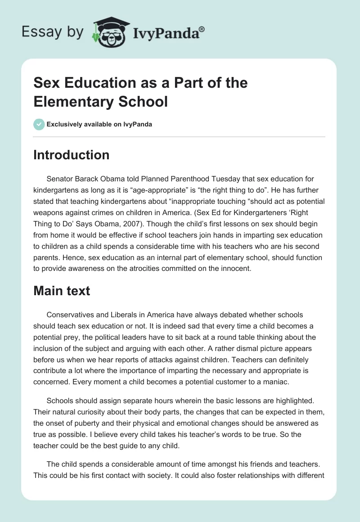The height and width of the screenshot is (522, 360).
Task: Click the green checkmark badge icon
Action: pyautogui.click(x=39, y=124)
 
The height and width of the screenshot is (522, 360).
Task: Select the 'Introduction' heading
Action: pyautogui.click(x=72, y=155)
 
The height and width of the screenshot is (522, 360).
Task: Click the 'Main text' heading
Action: pyautogui.click(x=62, y=291)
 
